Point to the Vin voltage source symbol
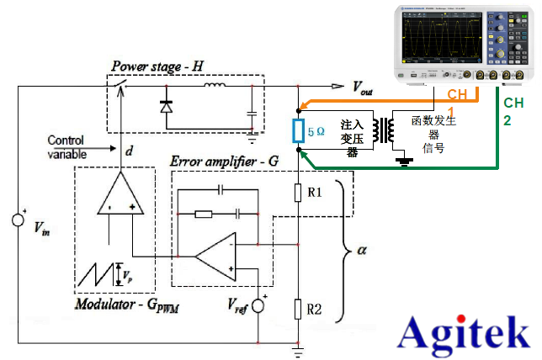[x=18, y=220]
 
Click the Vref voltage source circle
[x=258, y=304]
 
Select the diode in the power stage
[x=165, y=107]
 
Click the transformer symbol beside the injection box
[x=388, y=131]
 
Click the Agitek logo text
[x=465, y=333]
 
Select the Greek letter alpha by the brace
[x=363, y=249]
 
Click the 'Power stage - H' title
[x=155, y=66]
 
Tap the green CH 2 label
[x=513, y=111]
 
